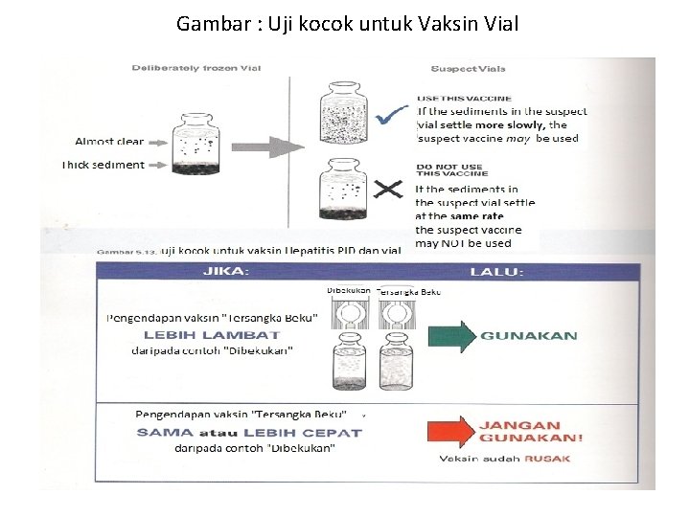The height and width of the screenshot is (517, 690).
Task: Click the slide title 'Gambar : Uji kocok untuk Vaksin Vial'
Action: (347, 23)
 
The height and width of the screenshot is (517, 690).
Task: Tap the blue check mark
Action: (388, 118)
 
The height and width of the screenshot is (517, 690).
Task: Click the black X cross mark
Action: (387, 190)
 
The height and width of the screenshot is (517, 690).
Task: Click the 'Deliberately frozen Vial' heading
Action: (195, 68)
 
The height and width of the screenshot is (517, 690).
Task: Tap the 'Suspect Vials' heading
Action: (469, 69)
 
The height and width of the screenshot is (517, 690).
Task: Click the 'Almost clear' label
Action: (108, 142)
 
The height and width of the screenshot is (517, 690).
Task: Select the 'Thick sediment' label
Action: (103, 165)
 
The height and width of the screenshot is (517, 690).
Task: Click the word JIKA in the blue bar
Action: (225, 272)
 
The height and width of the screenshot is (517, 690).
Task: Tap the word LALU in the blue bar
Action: (495, 272)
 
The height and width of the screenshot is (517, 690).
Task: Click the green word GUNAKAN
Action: (529, 336)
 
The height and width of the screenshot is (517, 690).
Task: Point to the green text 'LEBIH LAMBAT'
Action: (212, 335)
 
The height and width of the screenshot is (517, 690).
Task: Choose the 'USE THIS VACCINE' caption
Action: (464, 98)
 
